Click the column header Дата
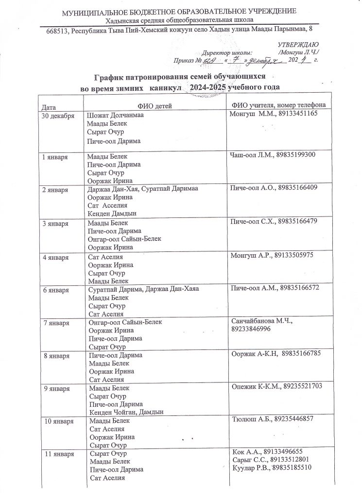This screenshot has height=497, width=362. [49, 105]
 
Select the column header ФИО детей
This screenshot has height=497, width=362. [155, 105]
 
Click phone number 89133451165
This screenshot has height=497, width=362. [297, 114]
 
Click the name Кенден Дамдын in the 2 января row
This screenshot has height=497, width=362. [111, 213]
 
